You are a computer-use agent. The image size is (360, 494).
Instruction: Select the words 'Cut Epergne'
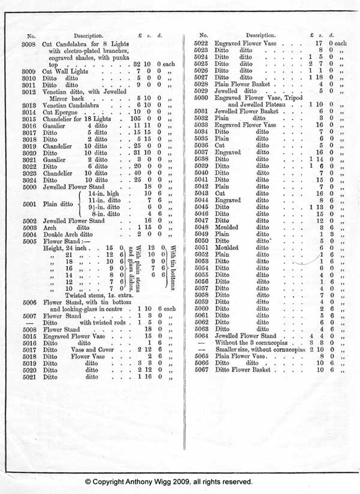60,112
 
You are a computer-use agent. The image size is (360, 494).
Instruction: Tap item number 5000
29,187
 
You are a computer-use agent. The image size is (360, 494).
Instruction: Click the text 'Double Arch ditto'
68,234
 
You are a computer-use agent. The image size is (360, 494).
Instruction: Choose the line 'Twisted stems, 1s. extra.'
99,295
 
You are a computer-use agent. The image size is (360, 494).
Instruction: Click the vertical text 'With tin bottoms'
173,268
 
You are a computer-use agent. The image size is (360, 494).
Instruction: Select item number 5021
29,377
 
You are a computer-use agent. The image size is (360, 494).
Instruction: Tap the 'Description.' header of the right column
261,35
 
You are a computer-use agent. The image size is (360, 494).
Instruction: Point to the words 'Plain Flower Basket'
242,84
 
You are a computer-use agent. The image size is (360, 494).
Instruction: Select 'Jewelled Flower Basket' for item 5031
246,111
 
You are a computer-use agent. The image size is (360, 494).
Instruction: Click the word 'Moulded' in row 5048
226,227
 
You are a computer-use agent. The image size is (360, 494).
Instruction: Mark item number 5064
201,336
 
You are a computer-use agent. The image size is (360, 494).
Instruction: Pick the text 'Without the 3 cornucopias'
251,342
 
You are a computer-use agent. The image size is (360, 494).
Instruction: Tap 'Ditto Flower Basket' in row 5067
242,370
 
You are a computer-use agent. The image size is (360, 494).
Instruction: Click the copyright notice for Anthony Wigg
169,482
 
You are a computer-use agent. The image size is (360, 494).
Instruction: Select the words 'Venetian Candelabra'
71,105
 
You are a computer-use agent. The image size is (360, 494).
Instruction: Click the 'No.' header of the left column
31,36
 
